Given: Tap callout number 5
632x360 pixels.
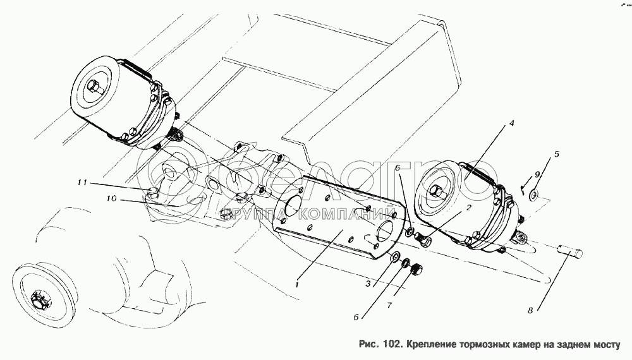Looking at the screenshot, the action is (557, 154).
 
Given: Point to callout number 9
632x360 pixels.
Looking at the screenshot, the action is (537, 175).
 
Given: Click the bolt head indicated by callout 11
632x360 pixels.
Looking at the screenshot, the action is (152, 191).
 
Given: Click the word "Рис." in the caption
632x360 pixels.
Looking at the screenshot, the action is (368, 345).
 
